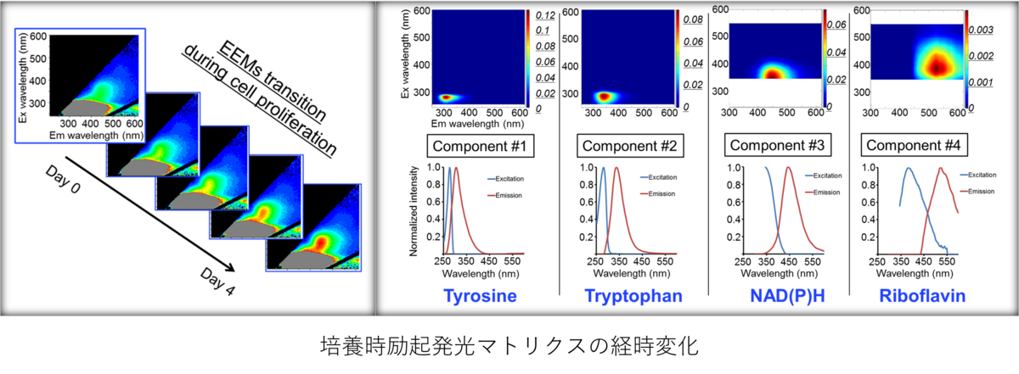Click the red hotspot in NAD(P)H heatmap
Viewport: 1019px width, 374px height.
(x=773, y=74)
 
